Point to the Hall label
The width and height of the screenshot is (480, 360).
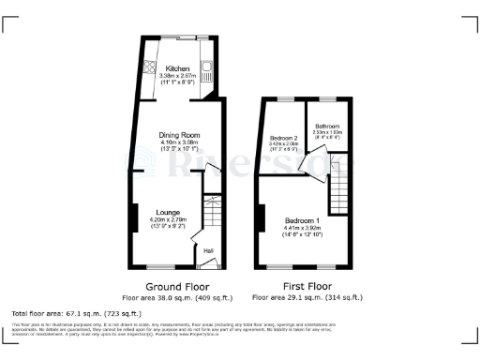point(207,248)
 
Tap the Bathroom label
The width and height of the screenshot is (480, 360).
point(327,127)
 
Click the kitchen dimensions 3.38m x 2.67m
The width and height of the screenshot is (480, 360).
point(178,77)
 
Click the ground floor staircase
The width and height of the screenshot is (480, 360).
point(211,212)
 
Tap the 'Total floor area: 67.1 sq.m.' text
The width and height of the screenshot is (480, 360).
point(76,312)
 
